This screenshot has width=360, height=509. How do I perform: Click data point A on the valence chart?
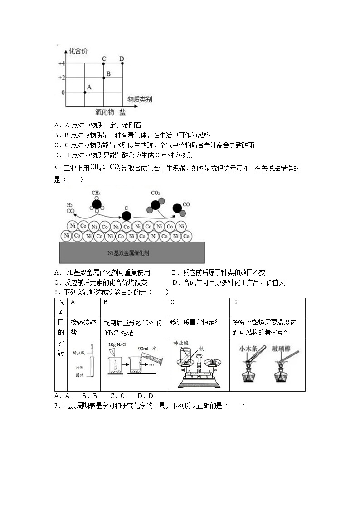(x=85, y=92)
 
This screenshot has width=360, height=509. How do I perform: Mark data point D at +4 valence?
(x=122, y=63)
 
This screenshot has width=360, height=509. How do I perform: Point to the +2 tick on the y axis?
(x=62, y=78)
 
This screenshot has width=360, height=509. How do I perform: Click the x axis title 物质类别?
(x=139, y=99)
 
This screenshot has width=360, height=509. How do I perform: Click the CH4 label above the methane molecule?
(x=96, y=193)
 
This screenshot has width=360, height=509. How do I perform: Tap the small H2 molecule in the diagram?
(x=70, y=211)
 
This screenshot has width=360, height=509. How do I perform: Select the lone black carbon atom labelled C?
(x=126, y=216)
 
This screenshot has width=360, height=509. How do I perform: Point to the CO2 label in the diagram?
(x=156, y=194)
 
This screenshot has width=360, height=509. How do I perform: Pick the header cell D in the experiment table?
(x=235, y=302)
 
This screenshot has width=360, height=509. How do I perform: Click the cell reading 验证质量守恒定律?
(x=195, y=323)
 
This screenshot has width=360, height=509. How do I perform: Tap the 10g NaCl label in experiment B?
(x=117, y=345)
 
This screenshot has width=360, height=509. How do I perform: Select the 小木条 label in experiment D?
(x=248, y=349)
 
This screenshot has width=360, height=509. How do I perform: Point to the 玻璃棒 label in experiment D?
(x=281, y=349)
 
